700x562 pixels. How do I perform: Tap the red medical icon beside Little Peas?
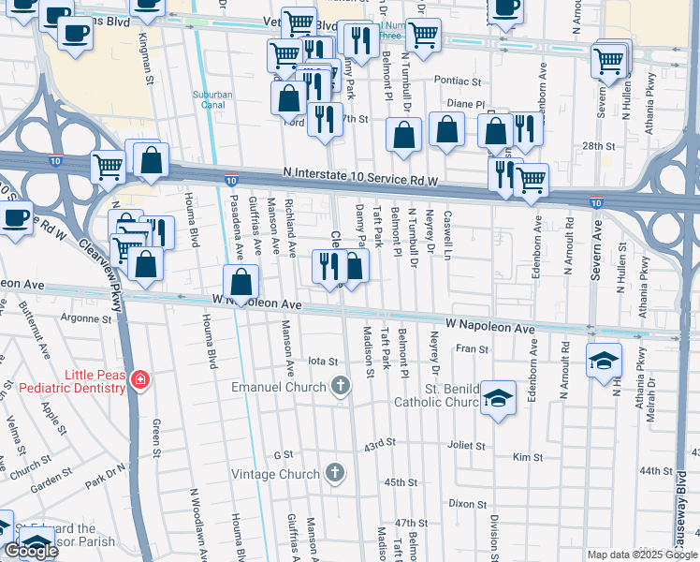point(139,378)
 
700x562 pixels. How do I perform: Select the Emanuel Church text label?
point(279,386)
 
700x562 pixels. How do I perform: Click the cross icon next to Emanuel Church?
point(340,385)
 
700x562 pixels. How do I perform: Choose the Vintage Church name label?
point(275,474)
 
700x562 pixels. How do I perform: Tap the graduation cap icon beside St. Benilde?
point(499,399)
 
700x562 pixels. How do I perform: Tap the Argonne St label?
point(86,318)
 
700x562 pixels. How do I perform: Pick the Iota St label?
point(322,361)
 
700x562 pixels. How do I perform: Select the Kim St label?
point(528,457)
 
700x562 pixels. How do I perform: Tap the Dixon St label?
point(467,503)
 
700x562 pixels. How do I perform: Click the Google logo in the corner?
point(32,550)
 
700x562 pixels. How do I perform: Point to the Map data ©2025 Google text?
point(642,555)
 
